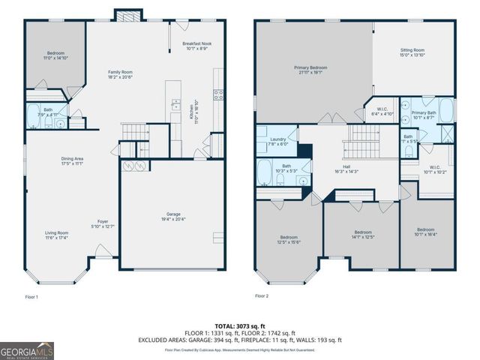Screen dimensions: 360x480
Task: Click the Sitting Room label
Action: point(412,52)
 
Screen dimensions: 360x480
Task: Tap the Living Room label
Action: point(56,235)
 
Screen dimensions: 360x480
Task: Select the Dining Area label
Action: point(72,160)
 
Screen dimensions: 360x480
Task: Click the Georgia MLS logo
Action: point(26,349)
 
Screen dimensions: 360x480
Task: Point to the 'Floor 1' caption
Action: point(31,296)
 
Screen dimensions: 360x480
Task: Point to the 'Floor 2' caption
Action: point(261,296)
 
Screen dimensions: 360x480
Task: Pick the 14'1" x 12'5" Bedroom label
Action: point(363,234)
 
